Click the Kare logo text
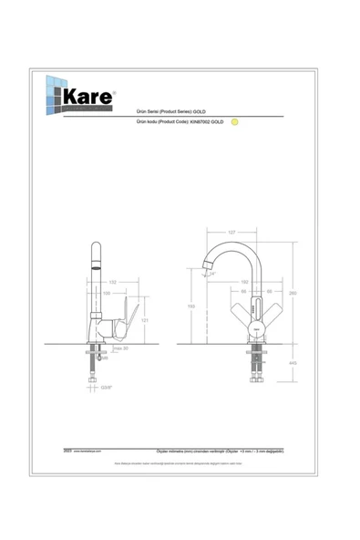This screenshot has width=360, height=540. point(87,95)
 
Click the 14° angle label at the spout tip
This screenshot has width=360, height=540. point(213,272)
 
